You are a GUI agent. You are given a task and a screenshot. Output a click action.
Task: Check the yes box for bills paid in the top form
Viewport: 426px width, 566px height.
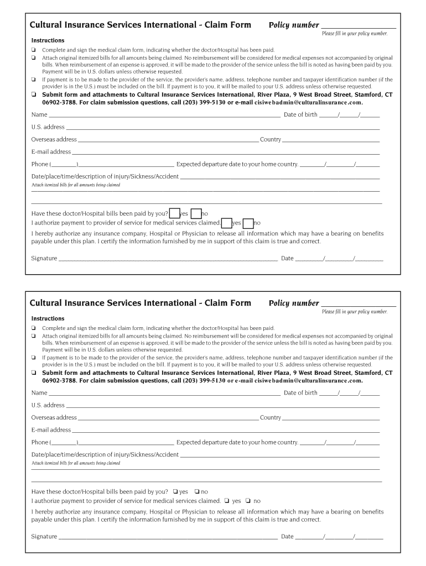[x=174, y=213]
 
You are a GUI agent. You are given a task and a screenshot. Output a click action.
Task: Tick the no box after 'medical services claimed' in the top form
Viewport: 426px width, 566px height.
[x=248, y=223]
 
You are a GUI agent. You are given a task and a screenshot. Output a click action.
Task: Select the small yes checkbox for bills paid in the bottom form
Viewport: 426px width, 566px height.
[x=175, y=491]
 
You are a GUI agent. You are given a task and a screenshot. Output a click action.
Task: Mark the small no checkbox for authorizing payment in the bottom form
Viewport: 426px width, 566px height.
[x=248, y=501]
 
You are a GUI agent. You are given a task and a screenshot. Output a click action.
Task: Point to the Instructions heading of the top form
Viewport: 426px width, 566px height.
[x=48, y=40]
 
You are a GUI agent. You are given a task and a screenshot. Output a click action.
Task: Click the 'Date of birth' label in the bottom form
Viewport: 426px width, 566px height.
[x=300, y=393]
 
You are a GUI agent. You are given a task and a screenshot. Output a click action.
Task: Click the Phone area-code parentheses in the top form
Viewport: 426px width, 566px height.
[x=64, y=164]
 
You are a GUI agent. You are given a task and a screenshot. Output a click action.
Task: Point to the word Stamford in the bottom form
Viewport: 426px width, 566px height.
[x=373, y=373]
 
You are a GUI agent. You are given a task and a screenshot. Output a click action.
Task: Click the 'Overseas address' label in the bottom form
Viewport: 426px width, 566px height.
[x=54, y=418]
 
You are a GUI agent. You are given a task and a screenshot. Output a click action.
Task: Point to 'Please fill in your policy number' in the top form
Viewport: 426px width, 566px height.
[x=355, y=34]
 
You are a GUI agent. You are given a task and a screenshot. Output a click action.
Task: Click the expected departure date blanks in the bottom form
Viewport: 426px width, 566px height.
[x=340, y=443]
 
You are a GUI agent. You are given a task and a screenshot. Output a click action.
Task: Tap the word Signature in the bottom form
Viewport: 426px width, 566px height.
[x=44, y=537]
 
